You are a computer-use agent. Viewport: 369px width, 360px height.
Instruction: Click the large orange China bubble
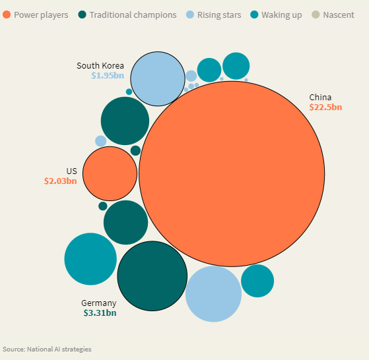tap(232, 174)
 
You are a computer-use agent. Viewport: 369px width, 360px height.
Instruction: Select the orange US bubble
tap(110, 173)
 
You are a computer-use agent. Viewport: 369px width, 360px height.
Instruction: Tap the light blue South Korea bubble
tap(158, 78)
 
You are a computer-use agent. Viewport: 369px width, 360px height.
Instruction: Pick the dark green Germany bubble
tap(152, 276)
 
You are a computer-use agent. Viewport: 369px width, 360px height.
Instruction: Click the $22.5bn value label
tap(325, 107)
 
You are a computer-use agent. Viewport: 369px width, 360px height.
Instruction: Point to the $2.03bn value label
tap(61, 181)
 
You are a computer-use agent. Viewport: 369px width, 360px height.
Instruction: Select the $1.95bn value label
tap(108, 75)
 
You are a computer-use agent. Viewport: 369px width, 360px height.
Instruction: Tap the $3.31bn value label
tap(100, 313)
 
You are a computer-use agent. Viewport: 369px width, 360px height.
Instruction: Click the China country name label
tap(320, 97)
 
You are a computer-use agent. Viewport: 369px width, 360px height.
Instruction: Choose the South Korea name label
tap(100, 65)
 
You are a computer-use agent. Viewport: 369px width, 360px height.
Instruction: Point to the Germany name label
tap(99, 303)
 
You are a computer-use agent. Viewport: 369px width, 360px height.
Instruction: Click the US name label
tap(71, 171)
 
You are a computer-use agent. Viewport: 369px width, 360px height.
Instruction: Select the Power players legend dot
tap(7, 15)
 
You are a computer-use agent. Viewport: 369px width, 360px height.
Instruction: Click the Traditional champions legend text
tap(133, 15)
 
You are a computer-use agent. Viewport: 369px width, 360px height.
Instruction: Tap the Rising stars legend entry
tap(213, 15)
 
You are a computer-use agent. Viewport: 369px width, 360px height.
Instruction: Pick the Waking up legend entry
tap(276, 15)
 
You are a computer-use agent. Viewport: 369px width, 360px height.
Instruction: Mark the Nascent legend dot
tap(316, 15)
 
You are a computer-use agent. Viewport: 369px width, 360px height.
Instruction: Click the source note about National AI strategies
tap(47, 349)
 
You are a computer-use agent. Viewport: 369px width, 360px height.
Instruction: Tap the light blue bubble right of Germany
tap(213, 294)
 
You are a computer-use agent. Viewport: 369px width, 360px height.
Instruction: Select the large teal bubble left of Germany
tap(90, 259)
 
